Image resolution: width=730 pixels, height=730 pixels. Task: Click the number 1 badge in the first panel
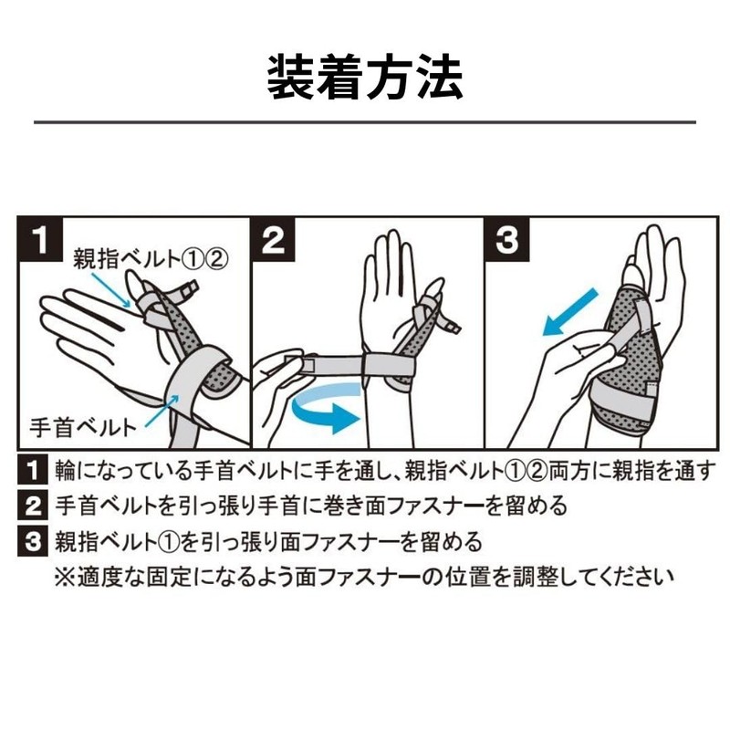coord(40,241)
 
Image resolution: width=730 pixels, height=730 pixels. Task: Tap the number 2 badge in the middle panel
coord(274,241)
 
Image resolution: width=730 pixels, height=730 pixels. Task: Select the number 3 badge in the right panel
coord(507,241)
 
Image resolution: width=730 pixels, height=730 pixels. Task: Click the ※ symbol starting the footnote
coord(66,577)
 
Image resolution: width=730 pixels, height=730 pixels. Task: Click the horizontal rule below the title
coord(365,121)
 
